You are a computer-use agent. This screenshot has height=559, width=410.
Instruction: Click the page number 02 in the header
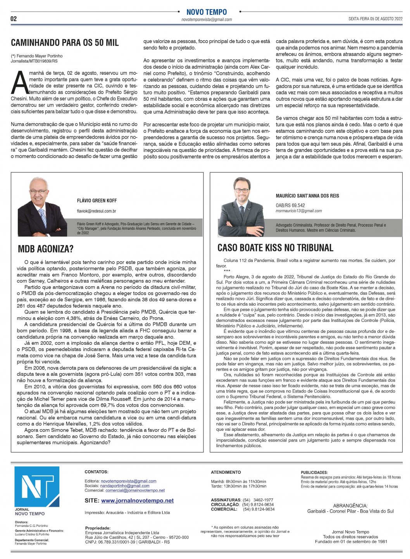[14, 19]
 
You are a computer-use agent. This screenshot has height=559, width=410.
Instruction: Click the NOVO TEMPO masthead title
[207, 12]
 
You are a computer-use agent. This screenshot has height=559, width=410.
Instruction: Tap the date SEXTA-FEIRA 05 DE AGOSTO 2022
[375, 19]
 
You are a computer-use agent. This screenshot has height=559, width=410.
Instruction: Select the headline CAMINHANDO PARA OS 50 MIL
[65, 43]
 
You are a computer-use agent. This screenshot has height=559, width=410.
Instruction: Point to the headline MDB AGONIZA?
[46, 249]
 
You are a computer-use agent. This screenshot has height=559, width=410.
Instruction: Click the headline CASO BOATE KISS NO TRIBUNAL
[275, 248]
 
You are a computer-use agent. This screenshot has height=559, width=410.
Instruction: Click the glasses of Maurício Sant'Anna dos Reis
[242, 190]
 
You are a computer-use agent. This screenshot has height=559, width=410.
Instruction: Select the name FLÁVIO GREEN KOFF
[97, 201]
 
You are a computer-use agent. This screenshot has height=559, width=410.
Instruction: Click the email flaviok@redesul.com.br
[96, 211]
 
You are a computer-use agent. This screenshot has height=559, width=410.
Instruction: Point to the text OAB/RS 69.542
[290, 205]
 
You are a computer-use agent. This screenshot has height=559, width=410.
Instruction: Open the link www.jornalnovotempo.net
[138, 501]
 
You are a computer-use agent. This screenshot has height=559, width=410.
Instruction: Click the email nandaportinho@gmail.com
[125, 486]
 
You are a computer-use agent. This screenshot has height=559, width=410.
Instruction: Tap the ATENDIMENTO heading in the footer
[226, 472]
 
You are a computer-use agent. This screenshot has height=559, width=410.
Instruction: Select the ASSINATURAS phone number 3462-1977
[263, 500]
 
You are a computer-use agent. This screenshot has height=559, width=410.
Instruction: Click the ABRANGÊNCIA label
[350, 506]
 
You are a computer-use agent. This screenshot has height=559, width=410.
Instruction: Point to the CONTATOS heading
[96, 472]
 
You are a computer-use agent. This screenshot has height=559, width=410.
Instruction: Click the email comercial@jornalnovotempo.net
[135, 490]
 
